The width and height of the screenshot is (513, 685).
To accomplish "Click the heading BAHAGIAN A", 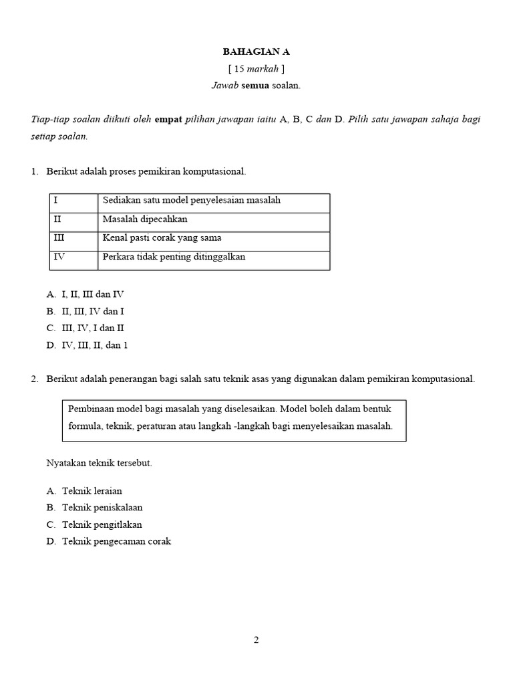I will tap(256, 52).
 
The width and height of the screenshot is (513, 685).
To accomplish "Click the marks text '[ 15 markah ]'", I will tap(256, 68).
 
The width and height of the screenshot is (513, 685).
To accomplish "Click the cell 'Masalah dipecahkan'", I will tap(145, 219).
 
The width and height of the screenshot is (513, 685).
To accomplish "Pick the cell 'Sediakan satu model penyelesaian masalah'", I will tap(192, 200).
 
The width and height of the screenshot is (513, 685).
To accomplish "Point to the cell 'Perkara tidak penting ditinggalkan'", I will tap(174, 257).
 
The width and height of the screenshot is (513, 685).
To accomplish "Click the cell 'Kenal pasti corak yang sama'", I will tap(162, 238).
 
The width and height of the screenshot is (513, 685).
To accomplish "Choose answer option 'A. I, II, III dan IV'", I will tap(85, 294).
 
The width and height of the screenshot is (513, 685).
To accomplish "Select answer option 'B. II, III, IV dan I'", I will tap(85, 311).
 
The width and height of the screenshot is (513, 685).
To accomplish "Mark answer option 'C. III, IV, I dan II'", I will tap(85, 328).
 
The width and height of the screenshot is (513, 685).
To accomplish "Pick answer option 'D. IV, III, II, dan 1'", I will tap(87, 346).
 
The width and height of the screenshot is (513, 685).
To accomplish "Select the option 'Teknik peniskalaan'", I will tap(102, 508).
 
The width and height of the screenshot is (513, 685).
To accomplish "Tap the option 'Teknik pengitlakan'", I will tap(102, 525).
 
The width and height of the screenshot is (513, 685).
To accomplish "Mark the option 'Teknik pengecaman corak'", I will tap(116, 542).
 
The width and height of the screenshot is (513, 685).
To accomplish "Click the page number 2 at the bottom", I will tap(256, 640).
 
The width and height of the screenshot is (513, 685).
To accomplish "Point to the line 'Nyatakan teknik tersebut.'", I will tap(100, 463).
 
